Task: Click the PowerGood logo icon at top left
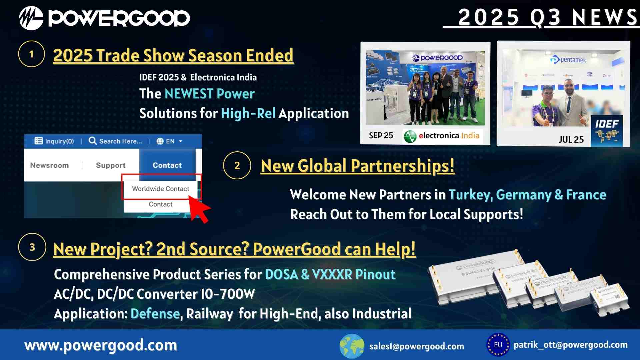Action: (x=31, y=18)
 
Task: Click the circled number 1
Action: (x=31, y=54)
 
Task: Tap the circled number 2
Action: (x=237, y=166)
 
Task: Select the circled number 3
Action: (x=32, y=247)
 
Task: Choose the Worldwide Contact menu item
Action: (x=161, y=189)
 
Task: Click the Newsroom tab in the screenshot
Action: (x=49, y=165)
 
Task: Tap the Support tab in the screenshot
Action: (x=111, y=165)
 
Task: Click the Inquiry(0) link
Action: (x=54, y=141)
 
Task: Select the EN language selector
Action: (x=170, y=141)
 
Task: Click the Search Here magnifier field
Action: (x=115, y=141)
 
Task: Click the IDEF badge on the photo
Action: (x=606, y=131)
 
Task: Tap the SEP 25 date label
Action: (x=381, y=136)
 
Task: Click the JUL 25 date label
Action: (x=571, y=140)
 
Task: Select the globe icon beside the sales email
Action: (x=352, y=346)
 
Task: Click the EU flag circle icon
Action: (x=498, y=345)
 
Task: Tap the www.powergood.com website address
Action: (x=101, y=345)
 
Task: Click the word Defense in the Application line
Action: (x=155, y=314)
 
